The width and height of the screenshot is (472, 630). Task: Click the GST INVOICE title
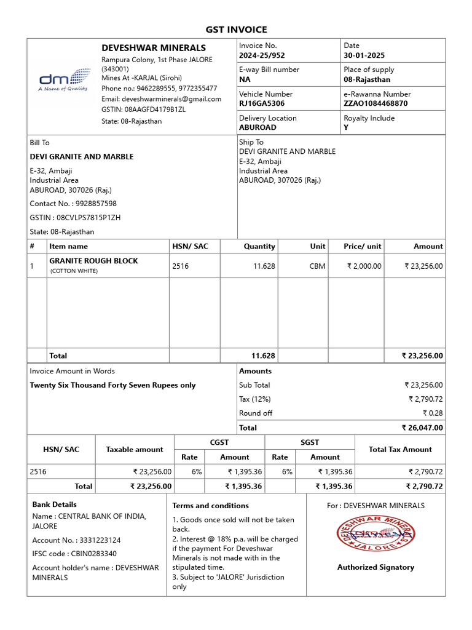236,30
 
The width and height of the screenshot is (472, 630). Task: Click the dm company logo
63,81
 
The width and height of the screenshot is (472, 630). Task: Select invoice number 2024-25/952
262,55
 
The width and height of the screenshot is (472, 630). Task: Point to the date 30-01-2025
364,55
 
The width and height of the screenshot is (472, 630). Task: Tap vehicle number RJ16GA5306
262,103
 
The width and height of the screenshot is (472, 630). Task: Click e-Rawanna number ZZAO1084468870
376,103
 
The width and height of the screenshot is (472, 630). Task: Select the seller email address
161,99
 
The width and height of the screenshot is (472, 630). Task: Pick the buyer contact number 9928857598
95,204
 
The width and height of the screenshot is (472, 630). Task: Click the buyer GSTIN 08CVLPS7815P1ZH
88,218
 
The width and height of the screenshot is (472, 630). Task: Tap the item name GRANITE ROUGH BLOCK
93,261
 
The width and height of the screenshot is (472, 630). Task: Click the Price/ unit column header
362,246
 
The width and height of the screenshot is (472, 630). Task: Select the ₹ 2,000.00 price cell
364,266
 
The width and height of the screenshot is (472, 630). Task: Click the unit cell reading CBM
318,266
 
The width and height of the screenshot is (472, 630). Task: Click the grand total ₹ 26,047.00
422,428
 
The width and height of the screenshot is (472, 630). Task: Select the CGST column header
219,442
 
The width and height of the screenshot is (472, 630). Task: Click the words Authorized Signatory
376,567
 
